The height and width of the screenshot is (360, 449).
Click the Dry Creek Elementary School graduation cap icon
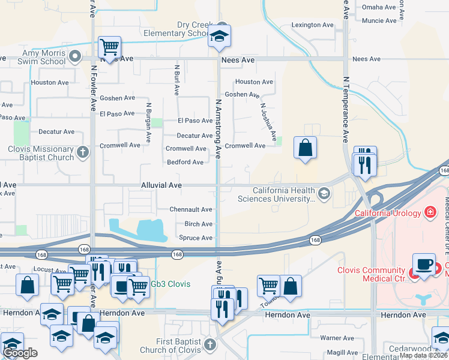(x=220, y=37)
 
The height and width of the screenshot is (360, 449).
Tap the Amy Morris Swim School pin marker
(x=75, y=57)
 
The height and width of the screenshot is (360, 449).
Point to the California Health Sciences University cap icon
(x=324, y=193)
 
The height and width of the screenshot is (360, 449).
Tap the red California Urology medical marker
(x=430, y=212)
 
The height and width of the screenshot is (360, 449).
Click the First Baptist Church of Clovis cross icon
(x=209, y=345)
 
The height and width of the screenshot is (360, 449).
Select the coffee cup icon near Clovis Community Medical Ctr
(x=424, y=264)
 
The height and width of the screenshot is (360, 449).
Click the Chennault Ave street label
(x=191, y=209)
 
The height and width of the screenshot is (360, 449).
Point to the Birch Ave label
(x=198, y=224)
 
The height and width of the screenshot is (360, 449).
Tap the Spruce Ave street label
(x=196, y=238)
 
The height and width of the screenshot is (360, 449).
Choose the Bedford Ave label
(x=185, y=162)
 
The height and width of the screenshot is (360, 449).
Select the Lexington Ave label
(x=312, y=25)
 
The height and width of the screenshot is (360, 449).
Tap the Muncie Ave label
(x=379, y=20)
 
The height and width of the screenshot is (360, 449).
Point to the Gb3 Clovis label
(x=170, y=284)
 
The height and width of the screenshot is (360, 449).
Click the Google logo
(x=20, y=353)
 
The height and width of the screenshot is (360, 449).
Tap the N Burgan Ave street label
(x=148, y=117)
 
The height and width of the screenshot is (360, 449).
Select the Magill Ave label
(x=342, y=353)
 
